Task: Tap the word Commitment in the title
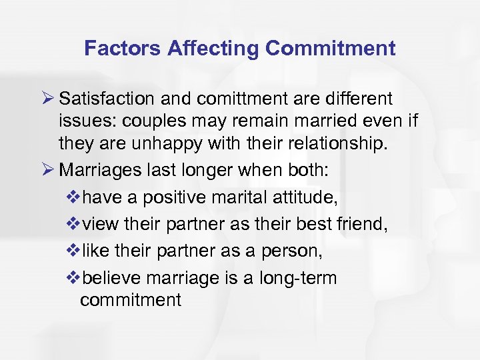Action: coord(331,48)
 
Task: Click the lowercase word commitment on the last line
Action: coord(130,299)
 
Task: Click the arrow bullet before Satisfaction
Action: coord(47,99)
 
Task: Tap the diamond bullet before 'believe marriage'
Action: coord(73,277)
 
